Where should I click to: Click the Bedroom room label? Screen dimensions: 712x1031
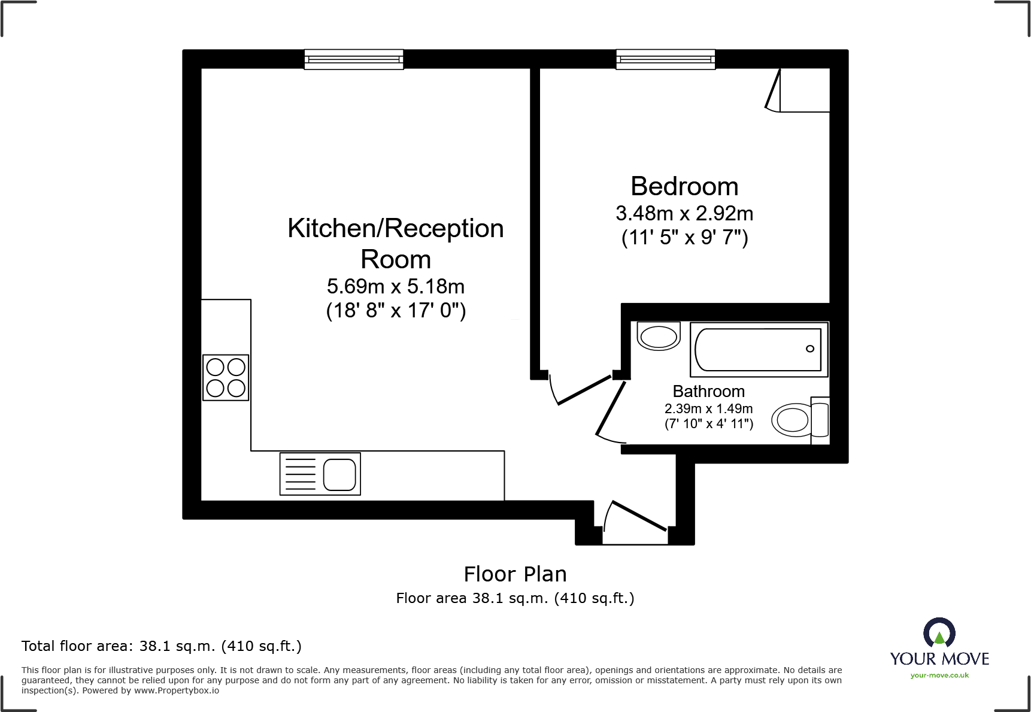pos(684,186)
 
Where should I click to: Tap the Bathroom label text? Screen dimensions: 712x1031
pos(708,391)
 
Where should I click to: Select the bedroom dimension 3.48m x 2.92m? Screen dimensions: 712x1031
pos(684,213)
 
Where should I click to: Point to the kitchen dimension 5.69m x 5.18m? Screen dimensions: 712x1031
pos(395,286)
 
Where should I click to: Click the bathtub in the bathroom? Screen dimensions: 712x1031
pos(759,350)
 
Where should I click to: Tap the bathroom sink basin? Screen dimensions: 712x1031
pos(659,337)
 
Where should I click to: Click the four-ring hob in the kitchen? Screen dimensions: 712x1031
pos(226,377)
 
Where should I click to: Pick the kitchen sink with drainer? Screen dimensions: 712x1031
pos(320,474)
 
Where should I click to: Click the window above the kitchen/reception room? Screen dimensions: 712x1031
pos(353,59)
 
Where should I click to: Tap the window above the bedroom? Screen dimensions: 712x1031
pos(665,59)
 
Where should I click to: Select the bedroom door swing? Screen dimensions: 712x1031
pos(578,389)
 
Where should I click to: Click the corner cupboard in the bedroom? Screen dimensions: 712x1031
pos(802,90)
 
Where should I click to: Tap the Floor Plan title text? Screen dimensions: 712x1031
pos(515,574)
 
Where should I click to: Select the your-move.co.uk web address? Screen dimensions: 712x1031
pos(939,675)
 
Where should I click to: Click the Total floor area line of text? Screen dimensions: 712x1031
pos(161,646)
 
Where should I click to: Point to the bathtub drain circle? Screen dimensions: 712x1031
pos(809,349)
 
